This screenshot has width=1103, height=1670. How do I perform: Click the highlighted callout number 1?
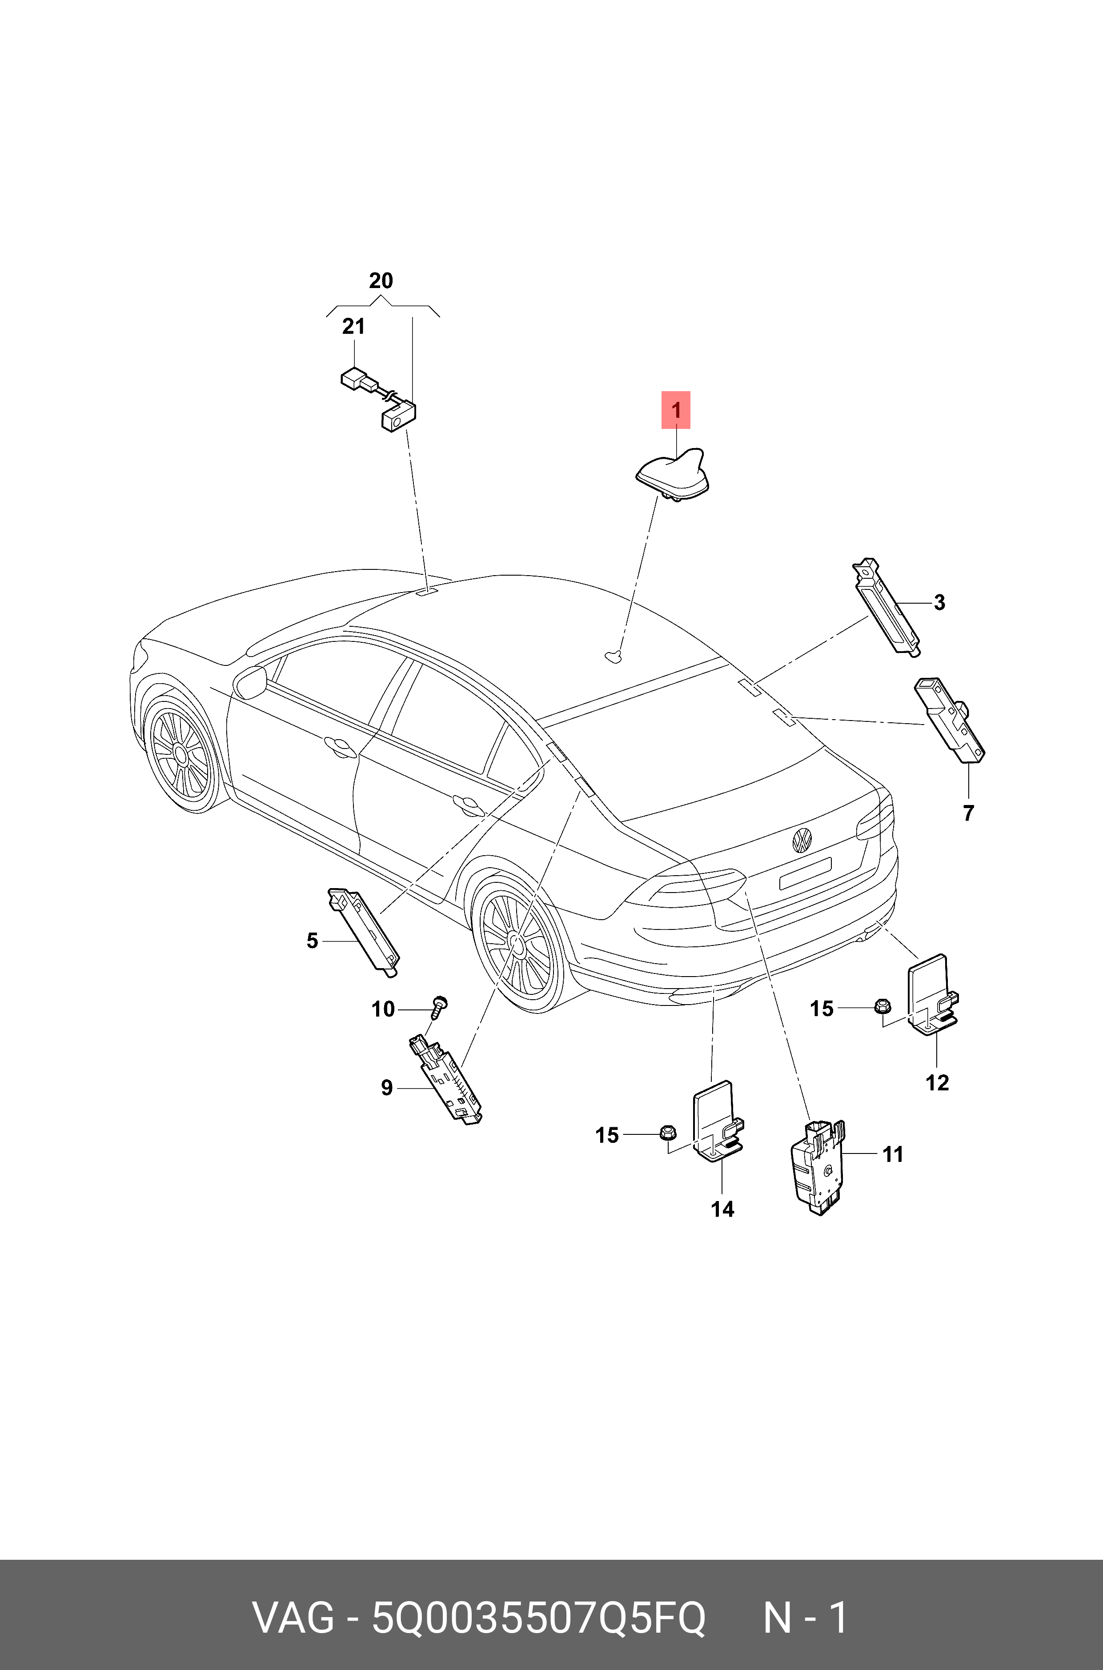click(675, 410)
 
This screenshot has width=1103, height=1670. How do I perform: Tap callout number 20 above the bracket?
click(381, 281)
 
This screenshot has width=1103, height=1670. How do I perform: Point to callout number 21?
click(354, 327)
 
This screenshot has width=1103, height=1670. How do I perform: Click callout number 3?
click(939, 603)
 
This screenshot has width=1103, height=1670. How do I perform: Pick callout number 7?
click(969, 813)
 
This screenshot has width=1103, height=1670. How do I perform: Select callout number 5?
click(313, 941)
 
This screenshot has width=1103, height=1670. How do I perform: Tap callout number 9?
click(387, 1088)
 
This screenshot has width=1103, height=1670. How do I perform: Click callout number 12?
click(937, 1083)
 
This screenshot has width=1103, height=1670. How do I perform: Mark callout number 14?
click(722, 1209)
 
